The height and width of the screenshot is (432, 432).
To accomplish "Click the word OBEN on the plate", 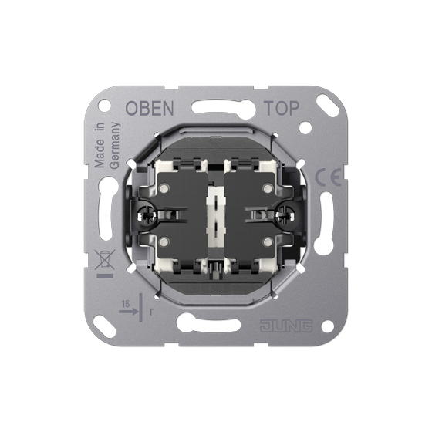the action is tap(150, 108).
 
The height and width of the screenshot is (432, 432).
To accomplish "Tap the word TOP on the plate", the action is tap(282, 108).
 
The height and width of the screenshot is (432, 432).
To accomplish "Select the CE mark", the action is tap(328, 177).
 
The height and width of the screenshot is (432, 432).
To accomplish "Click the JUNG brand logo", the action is tap(286, 326).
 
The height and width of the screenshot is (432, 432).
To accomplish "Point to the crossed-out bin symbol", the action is tap(104, 260).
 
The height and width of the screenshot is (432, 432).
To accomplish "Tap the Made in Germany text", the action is tap(107, 146).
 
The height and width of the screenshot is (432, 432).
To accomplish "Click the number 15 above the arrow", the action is tap(125, 304).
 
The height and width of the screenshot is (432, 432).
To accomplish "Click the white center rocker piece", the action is tap(216, 215).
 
